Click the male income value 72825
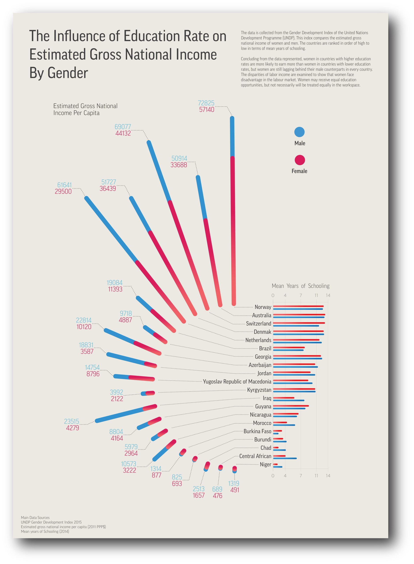(x=206, y=103)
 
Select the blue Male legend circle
(x=299, y=132)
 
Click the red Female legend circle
(x=299, y=160)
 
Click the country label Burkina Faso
(x=257, y=431)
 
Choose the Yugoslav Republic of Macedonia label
(x=237, y=382)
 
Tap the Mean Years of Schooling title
(x=300, y=286)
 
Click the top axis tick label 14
(x=328, y=295)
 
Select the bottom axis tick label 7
(x=300, y=476)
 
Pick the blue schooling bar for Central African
(x=285, y=458)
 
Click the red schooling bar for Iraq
(x=283, y=398)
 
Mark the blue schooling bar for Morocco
(x=284, y=425)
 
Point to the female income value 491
(x=235, y=490)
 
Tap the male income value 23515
(x=71, y=421)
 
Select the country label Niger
(x=265, y=465)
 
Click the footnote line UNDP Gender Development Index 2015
(x=51, y=522)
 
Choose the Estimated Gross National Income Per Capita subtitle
(x=85, y=109)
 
